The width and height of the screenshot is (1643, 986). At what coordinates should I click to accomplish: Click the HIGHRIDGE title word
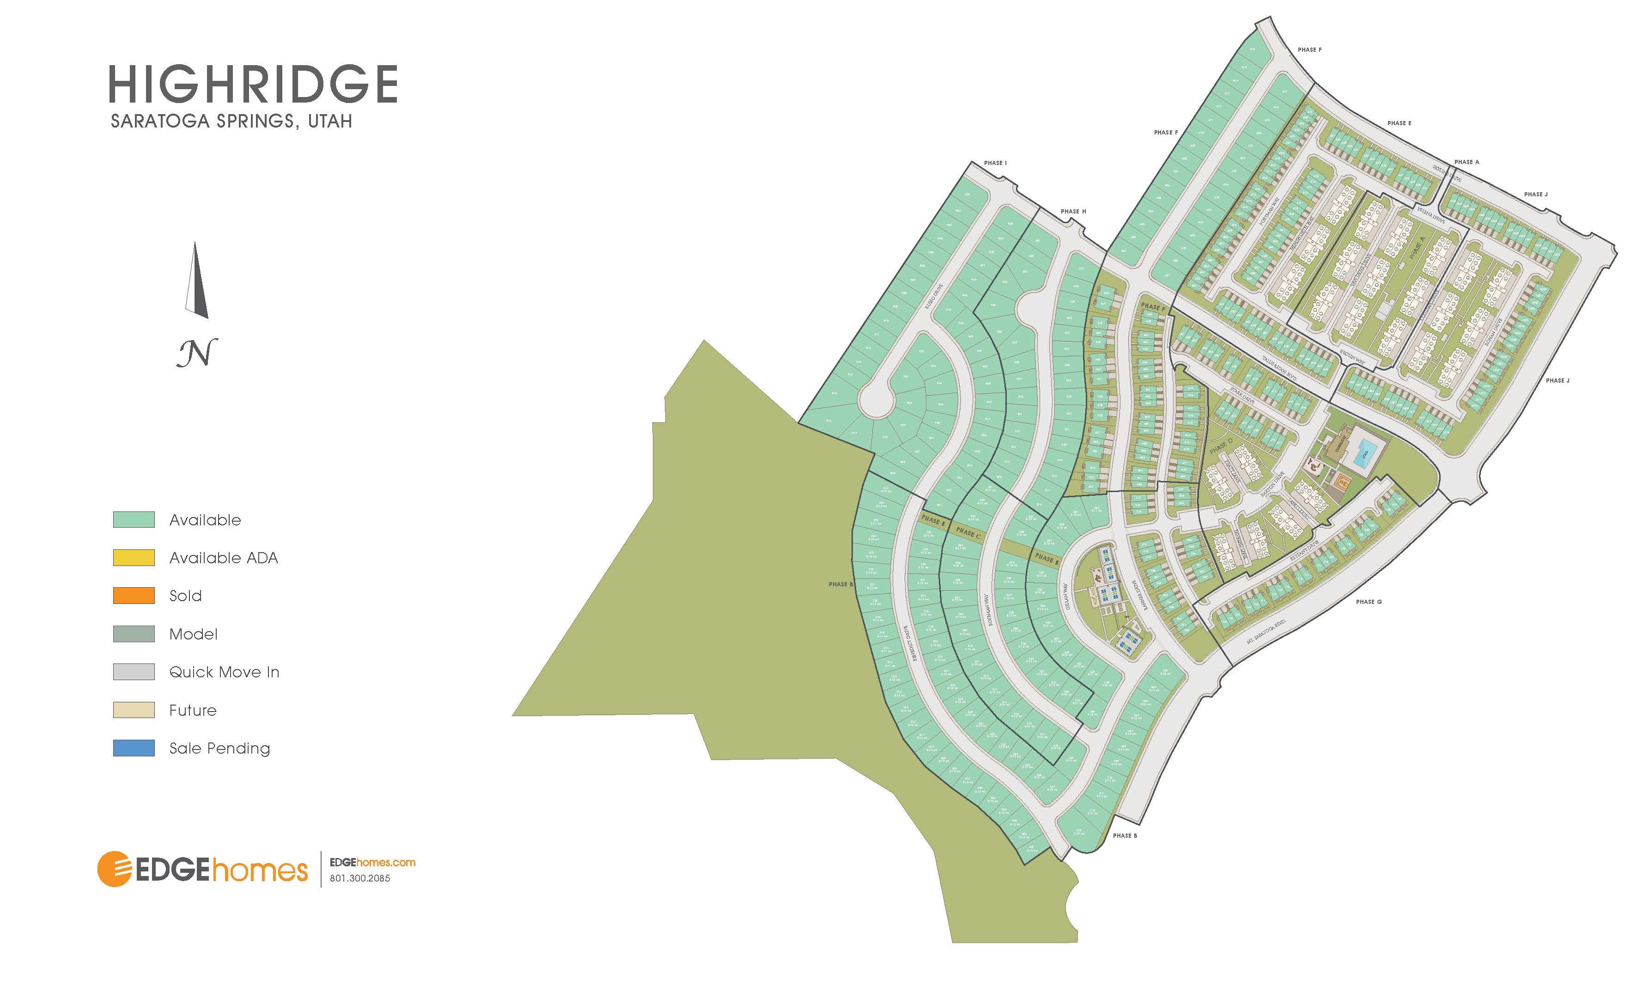click(x=252, y=85)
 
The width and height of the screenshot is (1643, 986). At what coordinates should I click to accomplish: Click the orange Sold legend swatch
click(x=134, y=595)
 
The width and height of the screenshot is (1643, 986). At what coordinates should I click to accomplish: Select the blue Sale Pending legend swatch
click(x=134, y=748)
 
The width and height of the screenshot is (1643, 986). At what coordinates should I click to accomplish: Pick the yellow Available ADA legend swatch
click(x=134, y=557)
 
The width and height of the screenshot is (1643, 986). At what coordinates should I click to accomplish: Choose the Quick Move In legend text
click(x=224, y=672)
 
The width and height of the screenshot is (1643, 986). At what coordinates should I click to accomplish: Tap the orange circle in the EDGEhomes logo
click(x=114, y=868)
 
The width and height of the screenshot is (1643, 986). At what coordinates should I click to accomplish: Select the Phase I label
click(x=995, y=163)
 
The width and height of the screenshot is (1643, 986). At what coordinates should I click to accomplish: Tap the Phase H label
click(x=1073, y=211)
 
